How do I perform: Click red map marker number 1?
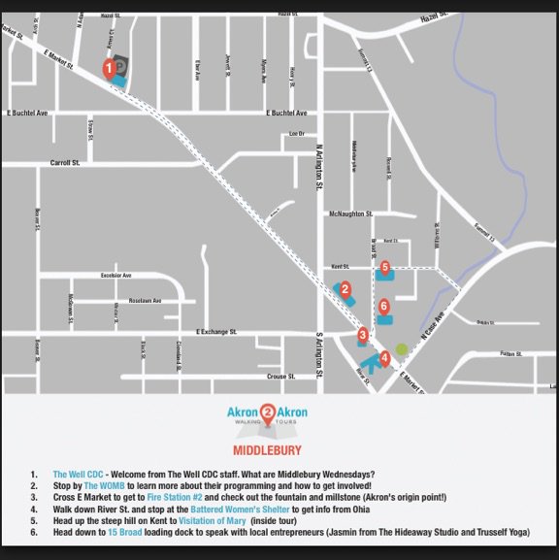pyautogui.click(x=110, y=67)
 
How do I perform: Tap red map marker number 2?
pyautogui.click(x=345, y=287)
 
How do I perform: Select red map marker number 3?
pyautogui.click(x=362, y=336)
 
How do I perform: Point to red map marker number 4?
pyautogui.click(x=385, y=357)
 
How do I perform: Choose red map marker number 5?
pyautogui.click(x=385, y=266)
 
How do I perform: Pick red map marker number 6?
pyautogui.click(x=384, y=305)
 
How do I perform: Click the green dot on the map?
pyautogui.click(x=402, y=348)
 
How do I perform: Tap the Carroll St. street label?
pyautogui.click(x=65, y=163)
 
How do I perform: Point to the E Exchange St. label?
pyautogui.click(x=217, y=332)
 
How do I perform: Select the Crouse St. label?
pyautogui.click(x=281, y=375)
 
